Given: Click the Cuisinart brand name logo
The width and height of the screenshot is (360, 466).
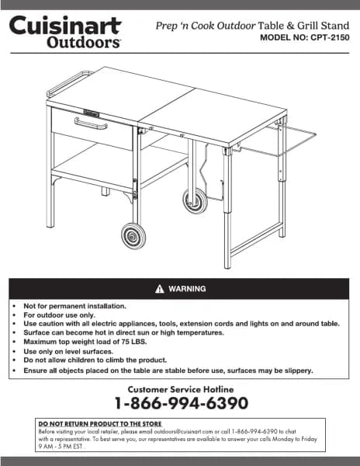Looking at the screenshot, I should click(x=65, y=26).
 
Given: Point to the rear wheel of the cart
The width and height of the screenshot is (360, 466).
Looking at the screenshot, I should click(x=193, y=200).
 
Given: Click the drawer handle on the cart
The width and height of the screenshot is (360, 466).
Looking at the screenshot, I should click(x=90, y=123).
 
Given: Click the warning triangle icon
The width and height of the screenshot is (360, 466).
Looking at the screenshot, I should click(x=159, y=289).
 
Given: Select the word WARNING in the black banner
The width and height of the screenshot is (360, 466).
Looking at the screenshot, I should click(x=187, y=289).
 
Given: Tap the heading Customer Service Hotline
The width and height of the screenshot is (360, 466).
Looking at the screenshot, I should click(x=180, y=388).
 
